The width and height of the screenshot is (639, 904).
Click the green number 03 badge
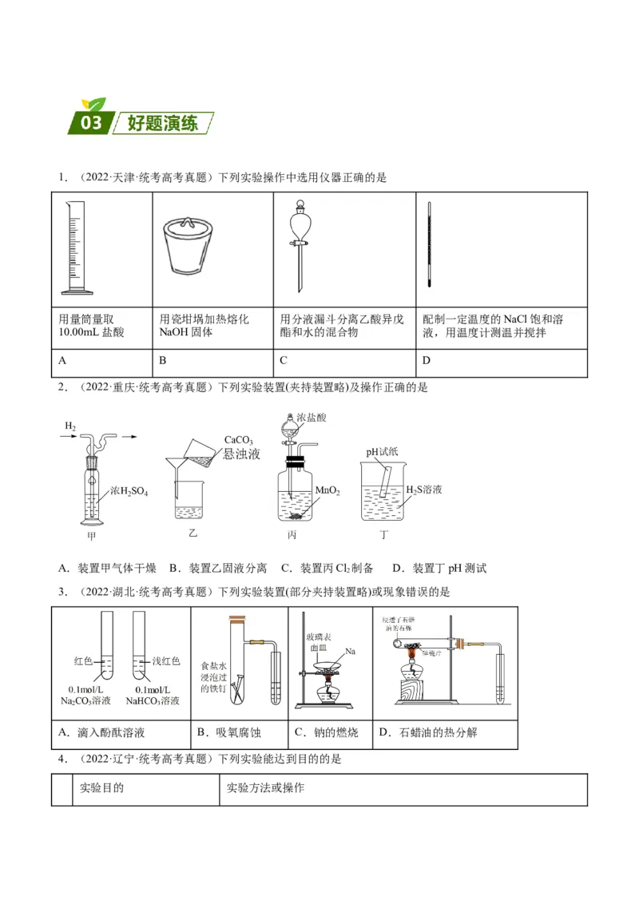point(90,122)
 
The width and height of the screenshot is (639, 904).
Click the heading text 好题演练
point(161,124)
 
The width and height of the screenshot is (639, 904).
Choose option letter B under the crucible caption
point(163,360)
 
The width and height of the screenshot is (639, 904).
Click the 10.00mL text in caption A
point(80,332)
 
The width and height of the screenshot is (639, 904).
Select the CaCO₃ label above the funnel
point(238,440)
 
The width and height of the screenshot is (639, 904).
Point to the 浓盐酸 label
point(312,417)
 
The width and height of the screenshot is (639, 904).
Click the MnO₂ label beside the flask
point(327,490)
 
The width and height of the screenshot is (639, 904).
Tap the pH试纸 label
point(382,452)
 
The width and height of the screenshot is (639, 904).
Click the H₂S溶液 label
point(424,489)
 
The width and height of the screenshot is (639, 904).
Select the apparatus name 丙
point(292,534)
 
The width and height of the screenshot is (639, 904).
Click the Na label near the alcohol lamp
point(350,652)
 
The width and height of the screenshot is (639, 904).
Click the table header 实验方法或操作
point(265,788)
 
